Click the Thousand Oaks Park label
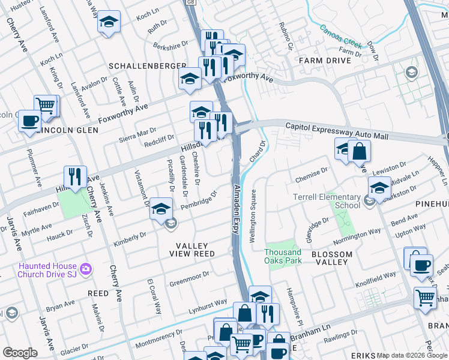click(283, 257)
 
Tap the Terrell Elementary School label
click(327, 200)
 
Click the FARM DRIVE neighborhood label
click(325, 61)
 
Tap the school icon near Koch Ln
click(108, 22)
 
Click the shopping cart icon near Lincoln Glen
click(46, 105)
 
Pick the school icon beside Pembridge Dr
click(160, 208)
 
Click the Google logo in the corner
click(20, 353)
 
